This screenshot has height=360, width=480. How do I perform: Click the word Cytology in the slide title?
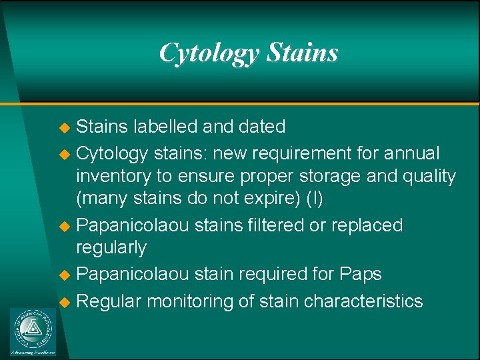209,53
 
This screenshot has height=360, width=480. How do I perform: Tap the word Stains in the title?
302,53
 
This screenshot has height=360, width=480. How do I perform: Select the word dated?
261,127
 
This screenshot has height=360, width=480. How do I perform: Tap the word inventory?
113,177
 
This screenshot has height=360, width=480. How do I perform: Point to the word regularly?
111,248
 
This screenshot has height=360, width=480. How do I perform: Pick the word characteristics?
363,301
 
